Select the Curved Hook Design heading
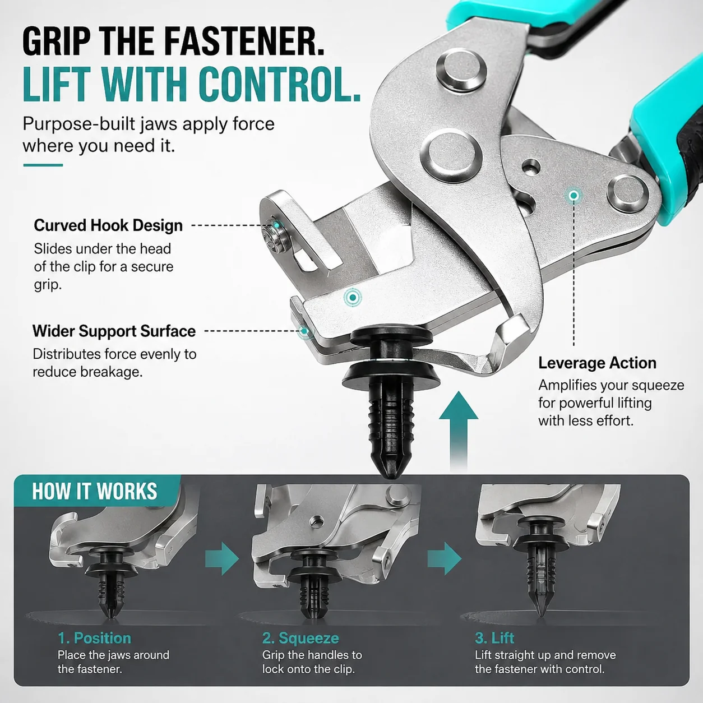pos(108,225)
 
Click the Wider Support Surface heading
pos(114,331)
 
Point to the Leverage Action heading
pos(597,363)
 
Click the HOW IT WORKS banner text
pos(95,491)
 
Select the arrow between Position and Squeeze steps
pos(222,559)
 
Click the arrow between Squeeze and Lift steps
pos(445,559)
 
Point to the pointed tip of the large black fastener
pos(392,478)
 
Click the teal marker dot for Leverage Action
pos(574,196)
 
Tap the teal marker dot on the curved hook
pos(277,225)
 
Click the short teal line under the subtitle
pos(43,165)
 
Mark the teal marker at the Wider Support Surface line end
pos(303,331)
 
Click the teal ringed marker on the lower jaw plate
pos(353,298)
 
